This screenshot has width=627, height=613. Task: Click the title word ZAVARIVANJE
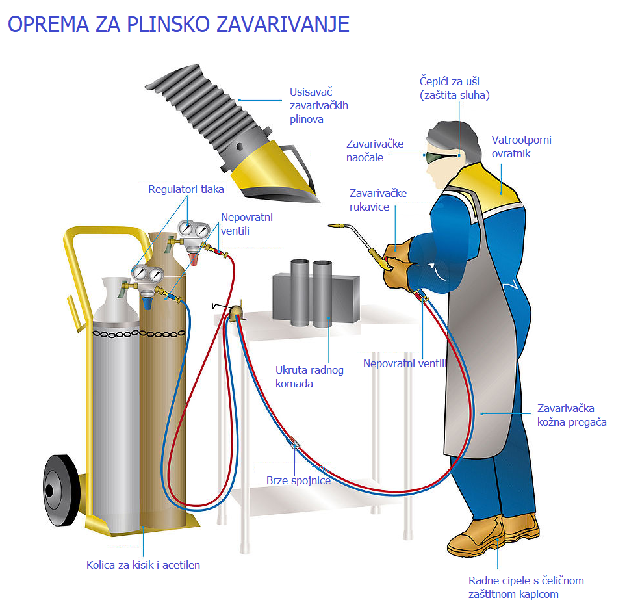(x=283, y=24)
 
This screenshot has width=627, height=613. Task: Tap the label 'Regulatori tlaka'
(x=186, y=189)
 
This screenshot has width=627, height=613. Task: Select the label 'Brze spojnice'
(x=299, y=480)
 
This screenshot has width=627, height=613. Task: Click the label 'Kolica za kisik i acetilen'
(x=143, y=565)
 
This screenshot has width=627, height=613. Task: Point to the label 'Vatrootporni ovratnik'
(x=522, y=147)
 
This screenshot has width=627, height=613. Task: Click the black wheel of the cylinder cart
(x=61, y=490)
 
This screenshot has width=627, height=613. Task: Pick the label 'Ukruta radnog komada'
(x=309, y=377)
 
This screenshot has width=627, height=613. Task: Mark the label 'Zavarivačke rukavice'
(x=378, y=200)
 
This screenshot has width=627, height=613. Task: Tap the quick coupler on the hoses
(x=293, y=443)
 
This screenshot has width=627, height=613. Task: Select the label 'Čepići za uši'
(x=449, y=81)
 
